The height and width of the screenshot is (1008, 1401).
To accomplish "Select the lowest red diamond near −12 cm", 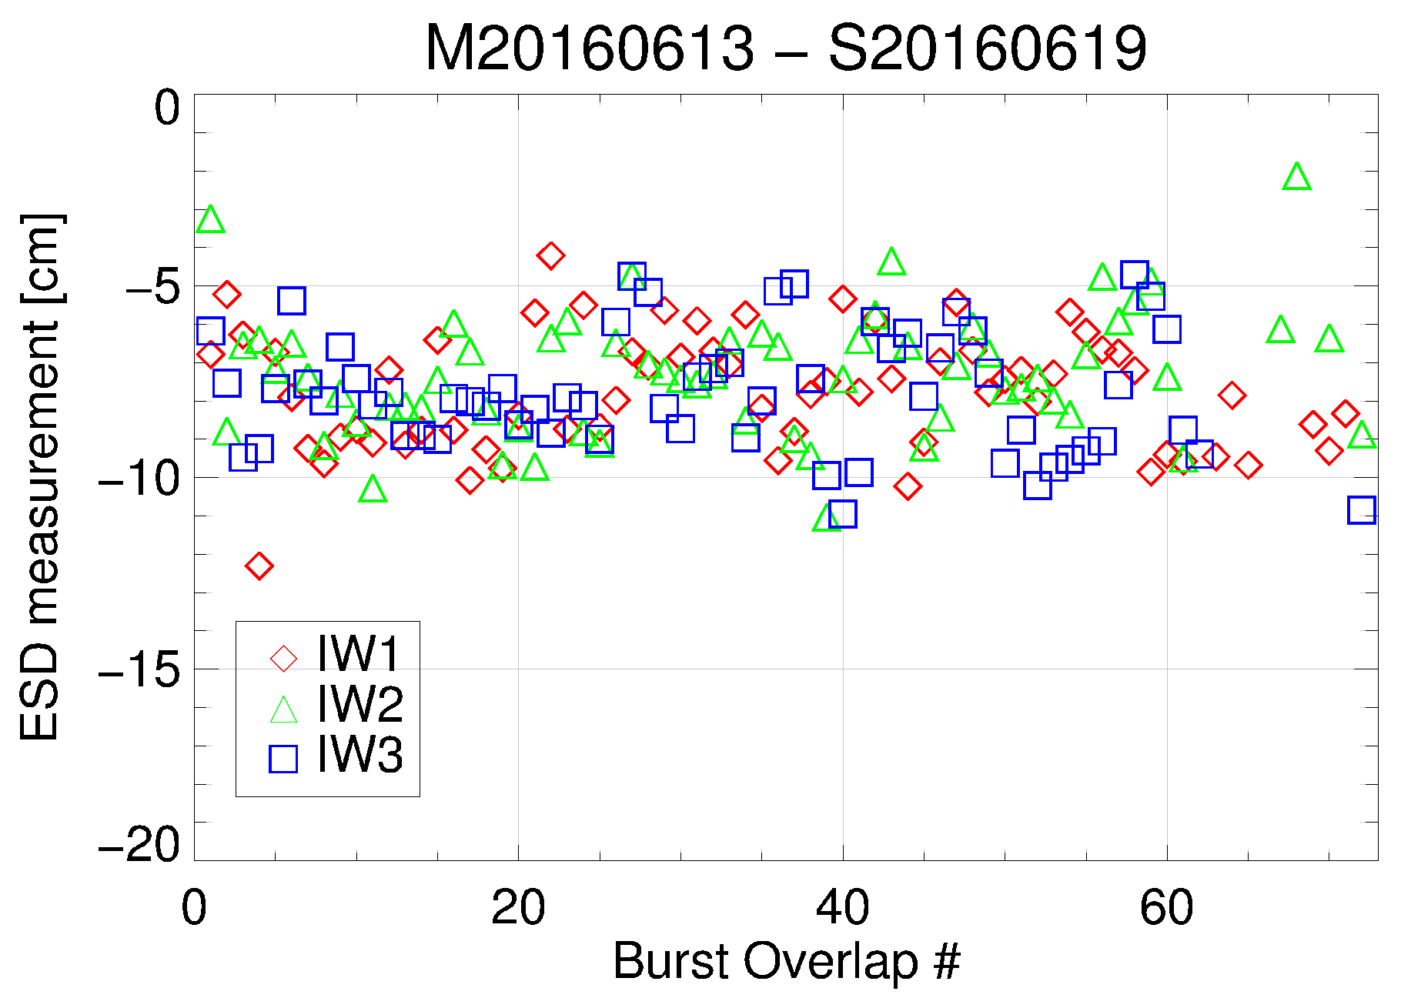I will pos(259,566).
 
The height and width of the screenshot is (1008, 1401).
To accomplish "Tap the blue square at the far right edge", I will pos(1362,510).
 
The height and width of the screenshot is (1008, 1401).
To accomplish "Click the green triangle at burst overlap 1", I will pos(210,221).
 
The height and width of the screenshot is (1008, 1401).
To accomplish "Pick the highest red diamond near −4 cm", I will pos(550,255).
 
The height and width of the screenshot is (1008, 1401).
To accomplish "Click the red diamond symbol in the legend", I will pos(283,658).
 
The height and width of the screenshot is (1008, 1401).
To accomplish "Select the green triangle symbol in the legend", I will pos(283,710).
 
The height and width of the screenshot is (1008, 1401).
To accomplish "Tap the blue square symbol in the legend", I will pos(283,759).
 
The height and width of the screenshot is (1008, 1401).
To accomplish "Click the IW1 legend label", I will pos(359,655).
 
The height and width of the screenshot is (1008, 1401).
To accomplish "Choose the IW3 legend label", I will pos(359,755).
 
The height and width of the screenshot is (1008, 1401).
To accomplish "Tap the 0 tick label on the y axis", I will pos(167,108).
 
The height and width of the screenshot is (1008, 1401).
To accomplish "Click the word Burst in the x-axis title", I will pos(671,962).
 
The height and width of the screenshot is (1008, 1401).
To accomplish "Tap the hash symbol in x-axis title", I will pos(946,962).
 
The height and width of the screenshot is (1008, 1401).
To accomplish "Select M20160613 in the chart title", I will pos(589,48).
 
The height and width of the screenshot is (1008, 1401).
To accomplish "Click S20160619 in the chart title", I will pos(988,48).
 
